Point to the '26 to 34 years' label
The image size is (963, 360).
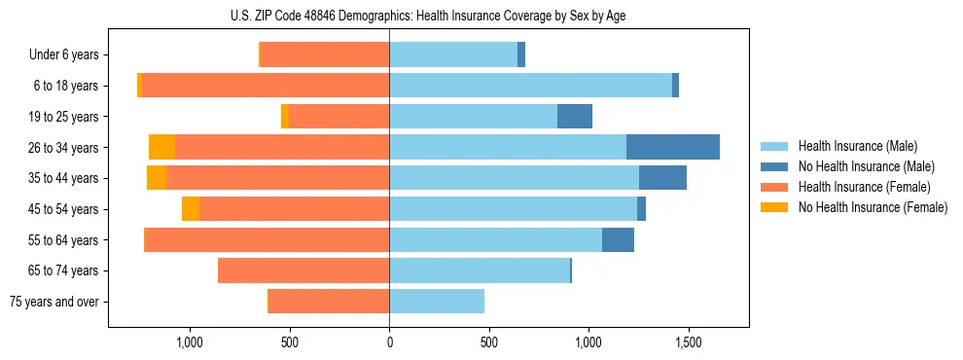(x=64, y=148)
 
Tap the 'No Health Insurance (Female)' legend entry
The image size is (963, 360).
(x=873, y=207)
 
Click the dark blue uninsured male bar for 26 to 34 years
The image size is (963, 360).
(x=673, y=147)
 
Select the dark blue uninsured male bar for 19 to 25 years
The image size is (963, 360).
(x=575, y=117)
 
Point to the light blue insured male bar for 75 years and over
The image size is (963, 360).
(x=437, y=302)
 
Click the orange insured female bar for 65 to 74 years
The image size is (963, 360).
(x=303, y=270)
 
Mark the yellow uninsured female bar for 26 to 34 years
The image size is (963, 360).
(x=161, y=147)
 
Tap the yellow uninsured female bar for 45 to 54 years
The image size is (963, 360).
(x=191, y=209)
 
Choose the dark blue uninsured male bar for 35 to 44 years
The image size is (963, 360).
(x=662, y=178)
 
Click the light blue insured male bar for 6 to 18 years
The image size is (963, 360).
(x=530, y=86)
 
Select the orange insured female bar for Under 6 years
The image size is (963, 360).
(x=325, y=55)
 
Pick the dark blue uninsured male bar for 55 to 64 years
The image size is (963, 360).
(x=618, y=239)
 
